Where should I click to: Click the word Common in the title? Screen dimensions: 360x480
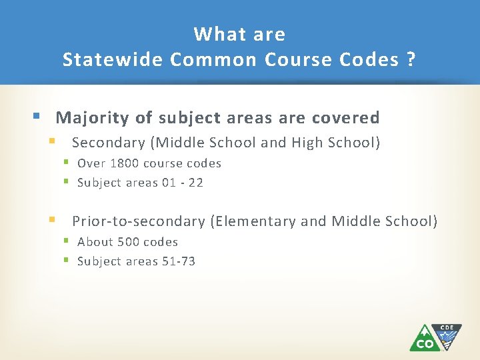coord(213,59)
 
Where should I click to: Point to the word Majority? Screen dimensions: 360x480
coord(93,118)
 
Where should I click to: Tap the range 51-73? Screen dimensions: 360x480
coord(179,261)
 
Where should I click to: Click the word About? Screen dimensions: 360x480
coord(95,242)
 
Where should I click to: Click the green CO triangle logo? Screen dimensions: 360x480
coord(424,339)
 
